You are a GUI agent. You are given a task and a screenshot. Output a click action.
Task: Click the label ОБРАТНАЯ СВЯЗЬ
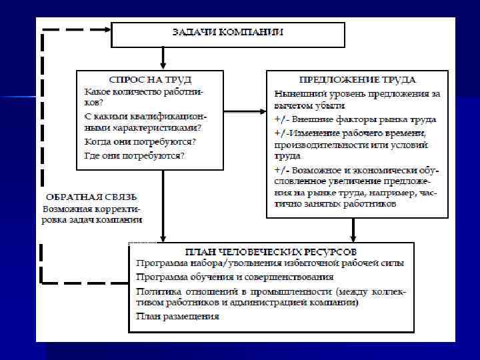[x=91, y=197]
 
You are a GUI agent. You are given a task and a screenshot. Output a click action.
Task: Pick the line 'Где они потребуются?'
[x=135, y=155]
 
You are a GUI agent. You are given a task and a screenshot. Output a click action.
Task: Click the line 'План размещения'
[x=177, y=316]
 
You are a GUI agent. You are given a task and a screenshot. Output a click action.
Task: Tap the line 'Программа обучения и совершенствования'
[x=235, y=276]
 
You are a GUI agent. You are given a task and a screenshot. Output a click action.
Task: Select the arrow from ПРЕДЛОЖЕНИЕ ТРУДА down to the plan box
[x=353, y=229]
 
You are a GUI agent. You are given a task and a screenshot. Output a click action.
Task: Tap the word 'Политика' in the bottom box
[x=156, y=291]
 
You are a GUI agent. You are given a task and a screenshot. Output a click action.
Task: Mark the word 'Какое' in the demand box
[x=97, y=91]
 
